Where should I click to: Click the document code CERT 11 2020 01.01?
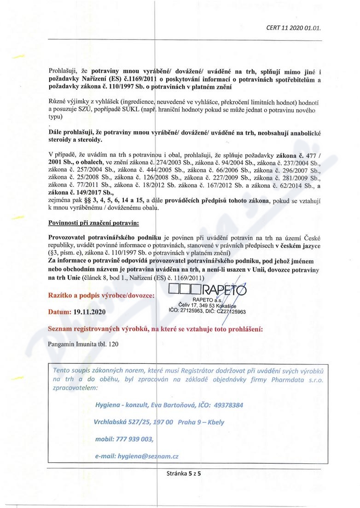(x=293, y=27)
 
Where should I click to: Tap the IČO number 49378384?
(x=224, y=405)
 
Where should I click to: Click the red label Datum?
(x=59, y=312)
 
